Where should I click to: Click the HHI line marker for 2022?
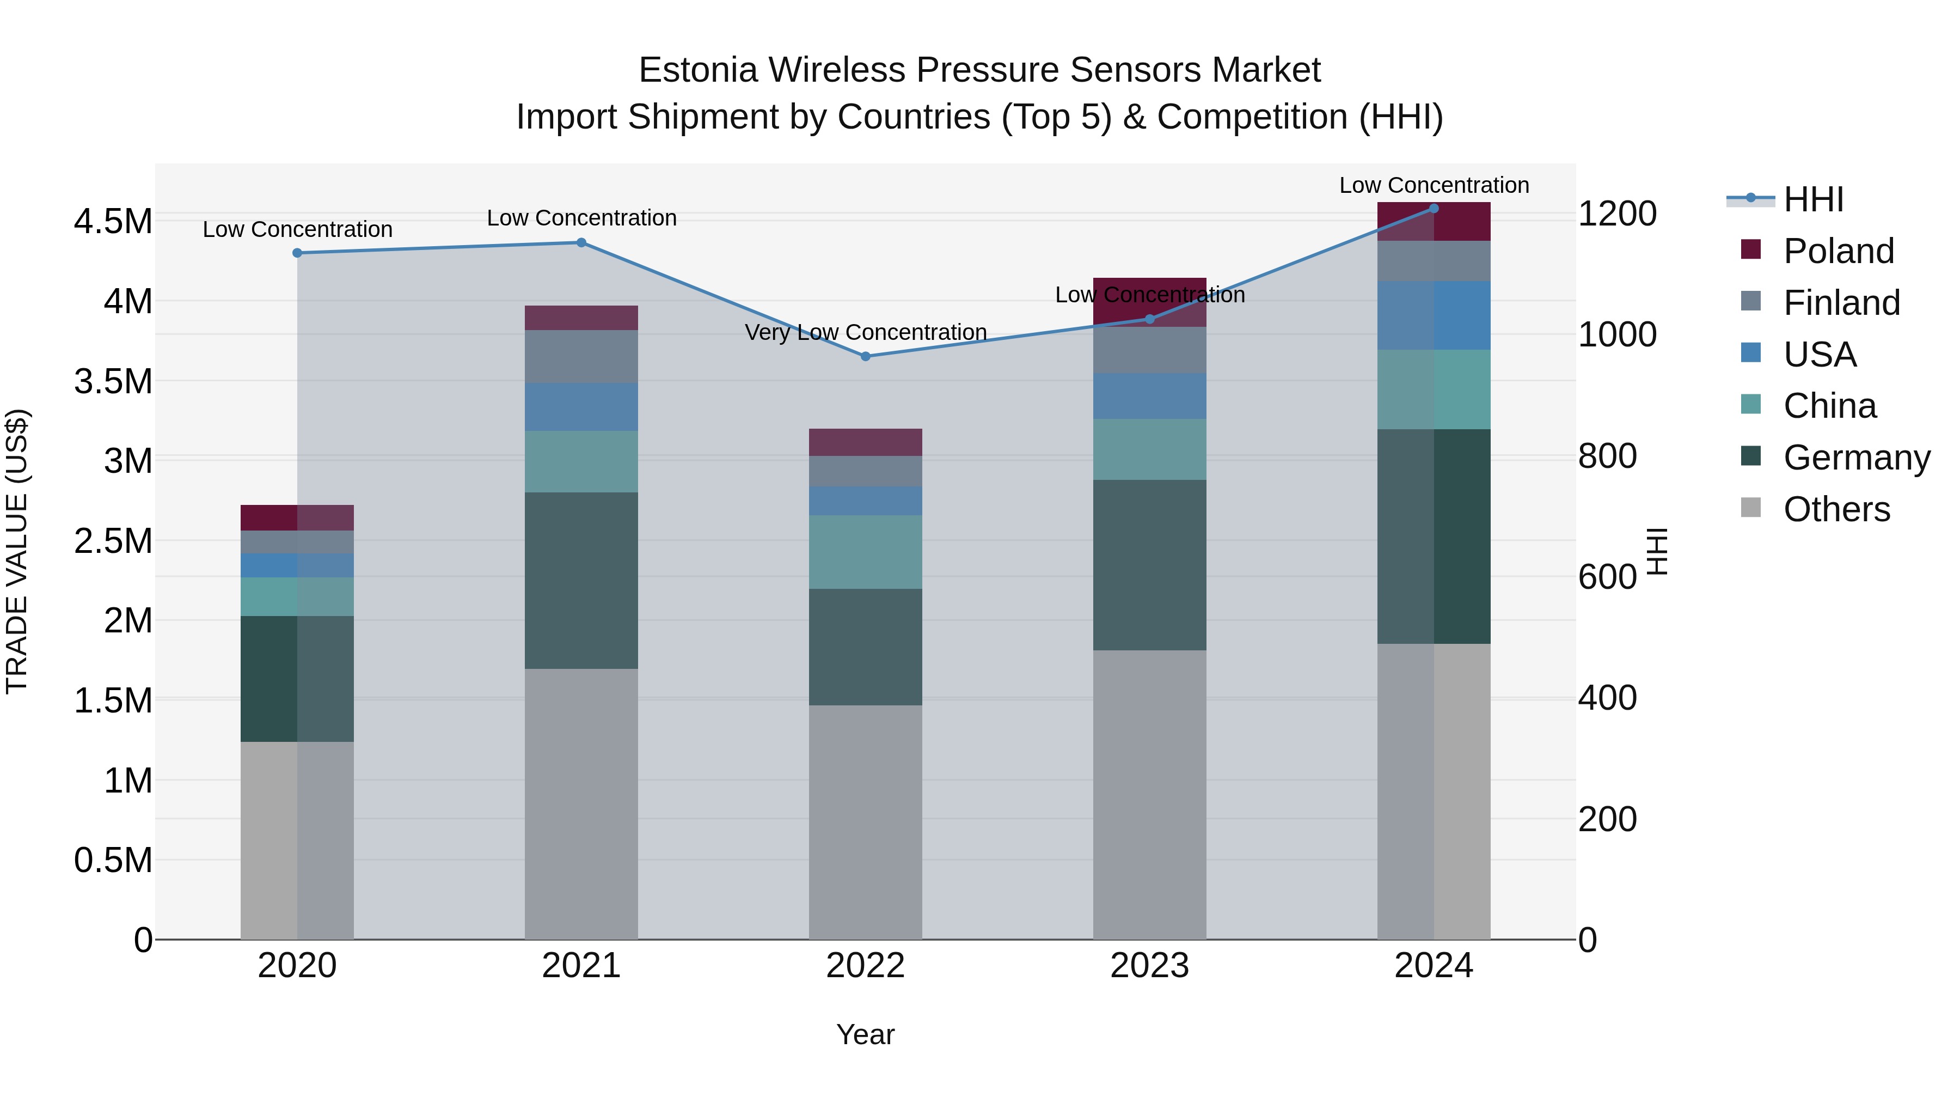click(x=865, y=356)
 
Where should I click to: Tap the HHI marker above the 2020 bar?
click(x=297, y=253)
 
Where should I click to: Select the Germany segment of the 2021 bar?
click(x=581, y=580)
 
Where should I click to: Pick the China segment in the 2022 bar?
click(x=865, y=552)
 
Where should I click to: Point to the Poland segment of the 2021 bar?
click(x=581, y=318)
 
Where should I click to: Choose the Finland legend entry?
click(x=1841, y=302)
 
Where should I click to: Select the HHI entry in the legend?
click(x=1813, y=199)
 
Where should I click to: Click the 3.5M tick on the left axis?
click(x=113, y=381)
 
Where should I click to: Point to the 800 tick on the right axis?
click(x=1607, y=456)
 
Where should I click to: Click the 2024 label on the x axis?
click(x=1433, y=965)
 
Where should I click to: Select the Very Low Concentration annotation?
click(x=865, y=333)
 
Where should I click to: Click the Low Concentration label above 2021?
click(x=581, y=218)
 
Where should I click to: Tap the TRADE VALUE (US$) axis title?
click(x=17, y=551)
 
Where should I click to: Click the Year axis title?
click(x=865, y=1034)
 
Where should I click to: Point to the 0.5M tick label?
click(x=113, y=860)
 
